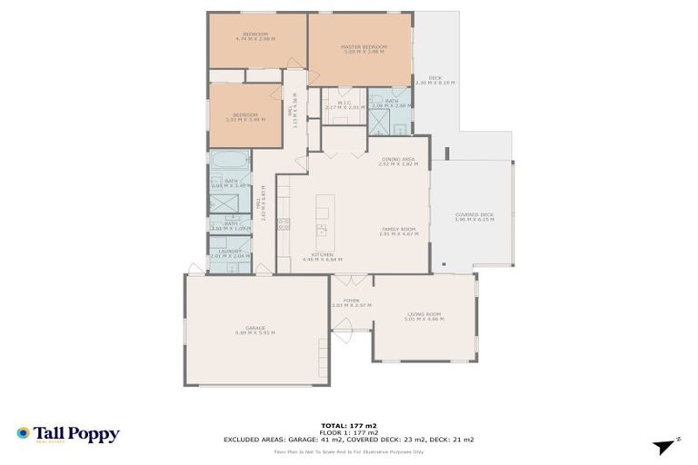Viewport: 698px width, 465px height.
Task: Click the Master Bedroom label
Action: coord(364,49)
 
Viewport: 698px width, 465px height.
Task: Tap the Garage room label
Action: coord(254,331)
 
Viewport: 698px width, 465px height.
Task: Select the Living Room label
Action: coord(424,317)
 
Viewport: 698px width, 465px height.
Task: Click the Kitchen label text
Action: coord(323,256)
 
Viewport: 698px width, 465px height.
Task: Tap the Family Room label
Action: coord(397,232)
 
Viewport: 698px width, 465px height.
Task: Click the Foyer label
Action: coord(351,302)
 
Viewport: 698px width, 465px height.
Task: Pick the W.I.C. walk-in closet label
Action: coord(344,104)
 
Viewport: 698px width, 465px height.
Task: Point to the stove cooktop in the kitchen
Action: coord(283,223)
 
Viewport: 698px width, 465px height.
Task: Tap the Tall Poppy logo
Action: coord(68,434)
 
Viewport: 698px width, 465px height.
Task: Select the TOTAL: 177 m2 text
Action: coord(348,425)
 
